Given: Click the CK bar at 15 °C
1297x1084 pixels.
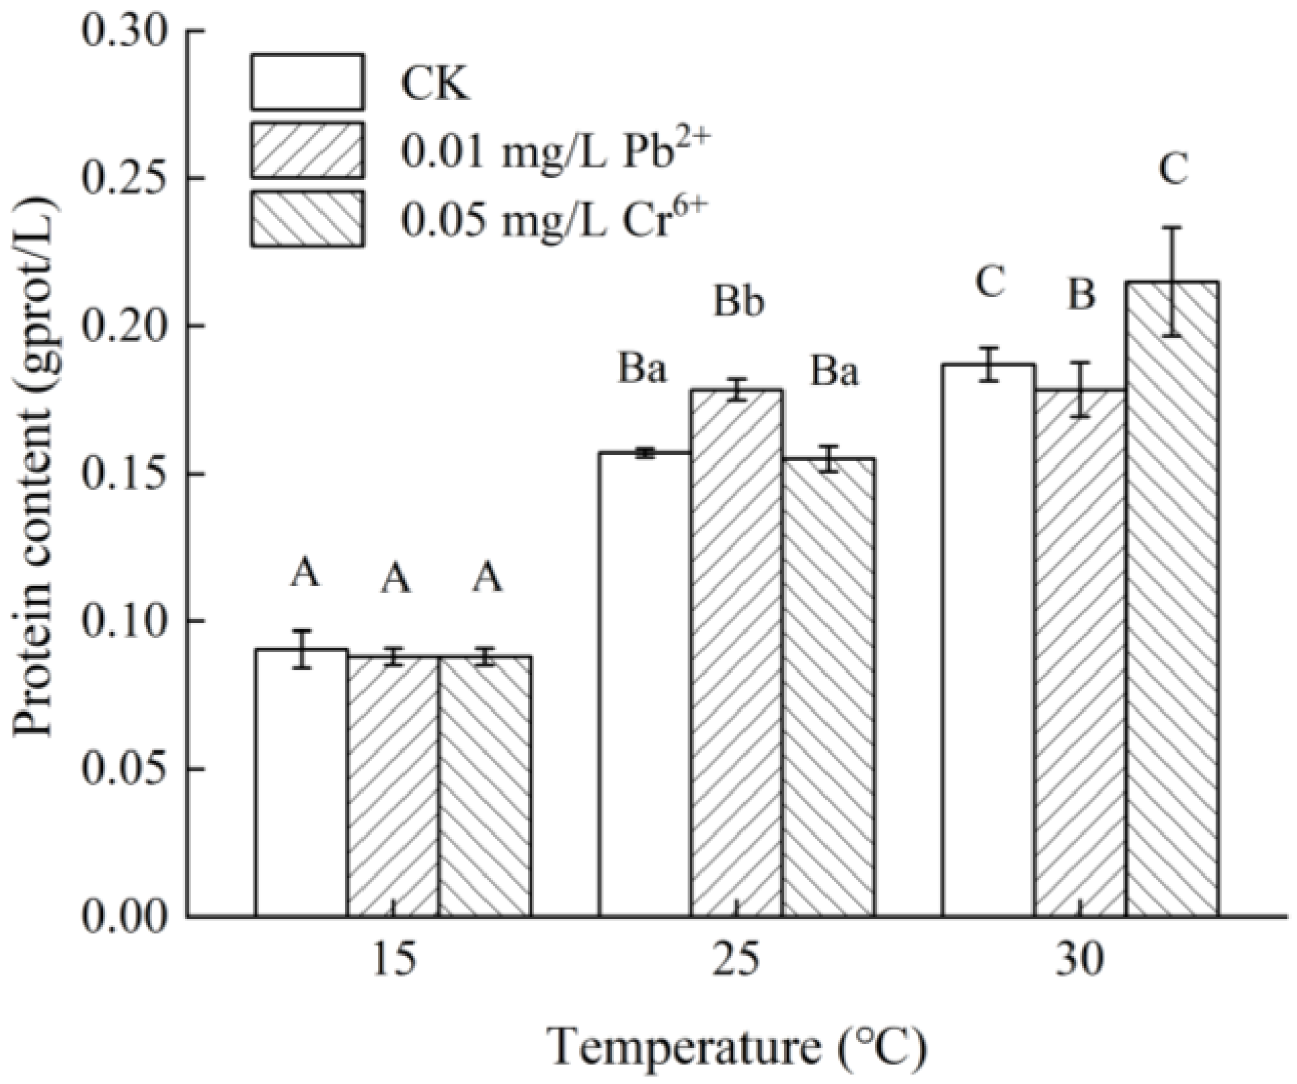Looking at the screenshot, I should [x=301, y=783].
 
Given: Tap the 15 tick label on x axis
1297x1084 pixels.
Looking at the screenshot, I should [x=394, y=960].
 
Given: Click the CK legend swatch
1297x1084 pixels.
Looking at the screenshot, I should [x=307, y=82].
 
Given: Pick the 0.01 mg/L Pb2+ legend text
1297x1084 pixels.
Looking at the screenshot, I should [x=551, y=150].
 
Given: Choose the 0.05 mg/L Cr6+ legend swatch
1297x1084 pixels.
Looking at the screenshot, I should [x=307, y=219].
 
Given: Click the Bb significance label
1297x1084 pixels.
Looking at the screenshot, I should [x=738, y=302].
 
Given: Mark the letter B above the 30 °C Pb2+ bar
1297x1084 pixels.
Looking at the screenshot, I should [x=1081, y=295].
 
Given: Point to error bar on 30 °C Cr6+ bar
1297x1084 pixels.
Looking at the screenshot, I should [x=1172, y=281].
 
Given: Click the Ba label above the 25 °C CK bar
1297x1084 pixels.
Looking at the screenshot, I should [x=642, y=370].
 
